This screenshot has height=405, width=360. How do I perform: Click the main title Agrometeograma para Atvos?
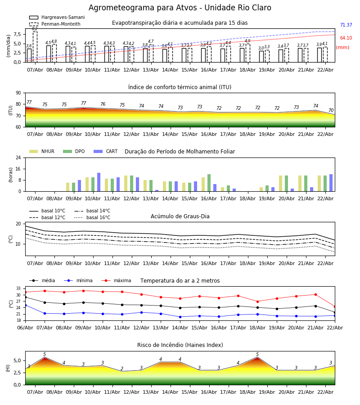tap(180, 8)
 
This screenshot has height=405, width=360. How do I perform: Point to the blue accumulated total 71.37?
tap(346, 25)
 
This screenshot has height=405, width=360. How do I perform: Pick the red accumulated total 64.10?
tap(346, 38)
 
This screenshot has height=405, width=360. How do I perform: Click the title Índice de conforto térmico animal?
tap(180, 87)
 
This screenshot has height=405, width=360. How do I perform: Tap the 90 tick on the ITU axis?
tap(18, 93)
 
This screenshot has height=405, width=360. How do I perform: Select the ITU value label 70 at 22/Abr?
tap(331, 111)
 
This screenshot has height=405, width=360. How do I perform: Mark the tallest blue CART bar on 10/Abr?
tap(99, 182)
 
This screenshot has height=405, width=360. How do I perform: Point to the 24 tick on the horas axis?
tap(18, 158)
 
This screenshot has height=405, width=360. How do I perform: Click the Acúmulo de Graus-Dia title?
tap(180, 216)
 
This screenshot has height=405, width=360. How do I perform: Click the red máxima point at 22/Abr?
tap(335, 306)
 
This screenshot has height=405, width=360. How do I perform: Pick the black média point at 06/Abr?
tap(25, 297)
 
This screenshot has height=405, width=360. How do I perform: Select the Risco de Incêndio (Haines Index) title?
tap(180, 345)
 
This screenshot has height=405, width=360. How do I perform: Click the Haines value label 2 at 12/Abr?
tap(122, 369)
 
